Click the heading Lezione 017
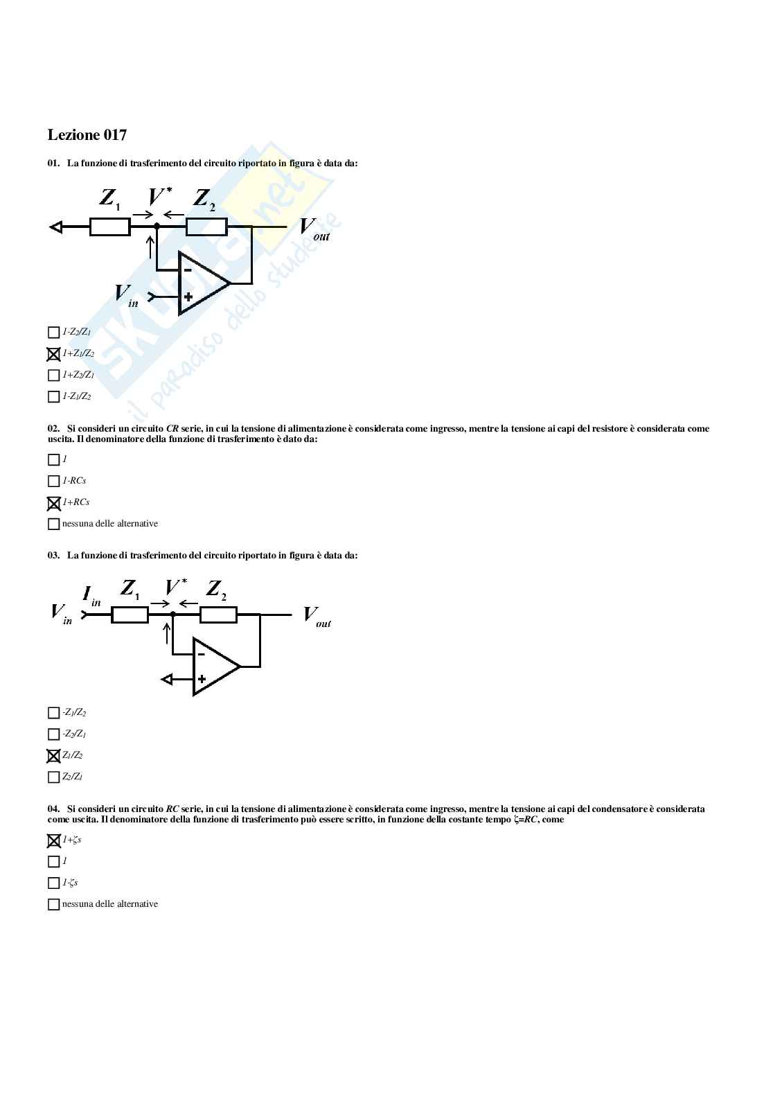[87, 134]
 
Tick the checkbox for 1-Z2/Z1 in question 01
[53, 333]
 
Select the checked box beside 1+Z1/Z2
[53, 354]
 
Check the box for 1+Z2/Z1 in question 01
[53, 376]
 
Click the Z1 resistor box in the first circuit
[109, 227]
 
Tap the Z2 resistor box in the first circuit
[206, 227]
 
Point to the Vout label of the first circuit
[314, 229]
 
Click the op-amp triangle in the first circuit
[202, 283]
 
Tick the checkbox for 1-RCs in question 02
[53, 482]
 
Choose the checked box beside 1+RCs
[53, 503]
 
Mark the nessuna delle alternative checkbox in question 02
[53, 524]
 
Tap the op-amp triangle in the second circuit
[214, 667]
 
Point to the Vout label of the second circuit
[317, 616]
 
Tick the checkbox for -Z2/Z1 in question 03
[53, 734]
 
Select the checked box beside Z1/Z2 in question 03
[53, 756]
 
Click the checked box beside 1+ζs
[53, 841]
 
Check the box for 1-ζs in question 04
[53, 883]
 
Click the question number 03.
[53, 556]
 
